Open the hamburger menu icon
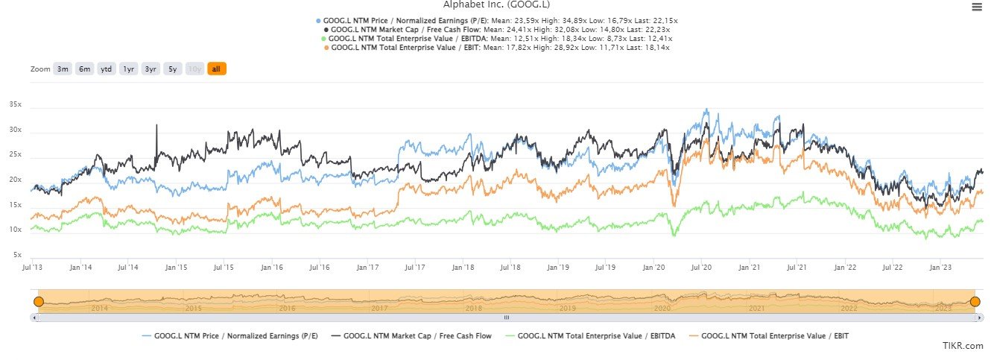(x=976, y=7)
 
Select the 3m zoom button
(x=63, y=69)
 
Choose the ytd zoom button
(x=107, y=69)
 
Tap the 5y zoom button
(x=172, y=69)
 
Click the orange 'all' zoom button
(x=216, y=69)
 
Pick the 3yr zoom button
(x=151, y=69)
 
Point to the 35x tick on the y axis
(x=15, y=105)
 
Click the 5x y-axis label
(x=17, y=255)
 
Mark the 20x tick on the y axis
(x=15, y=180)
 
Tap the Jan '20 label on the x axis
(x=653, y=267)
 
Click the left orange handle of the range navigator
(x=39, y=301)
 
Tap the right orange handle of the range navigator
(x=975, y=301)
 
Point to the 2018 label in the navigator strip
(x=472, y=308)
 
